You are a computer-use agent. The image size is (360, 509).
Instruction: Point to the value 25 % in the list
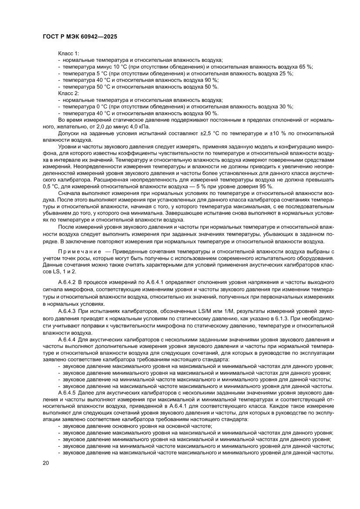286,73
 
